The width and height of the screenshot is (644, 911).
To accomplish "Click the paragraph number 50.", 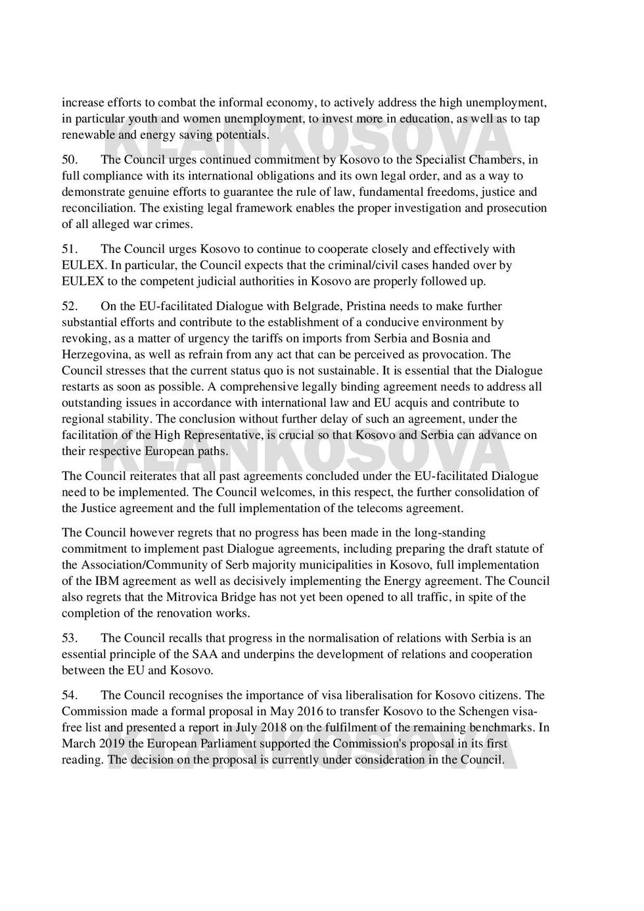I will pos(70,160).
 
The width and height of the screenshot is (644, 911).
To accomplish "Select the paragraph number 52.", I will pos(70,306).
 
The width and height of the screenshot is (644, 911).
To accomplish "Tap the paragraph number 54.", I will pos(70,695).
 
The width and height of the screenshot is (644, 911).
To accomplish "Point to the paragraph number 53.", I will pos(70,638).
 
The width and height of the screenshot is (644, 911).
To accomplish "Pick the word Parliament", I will pos(227,744).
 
